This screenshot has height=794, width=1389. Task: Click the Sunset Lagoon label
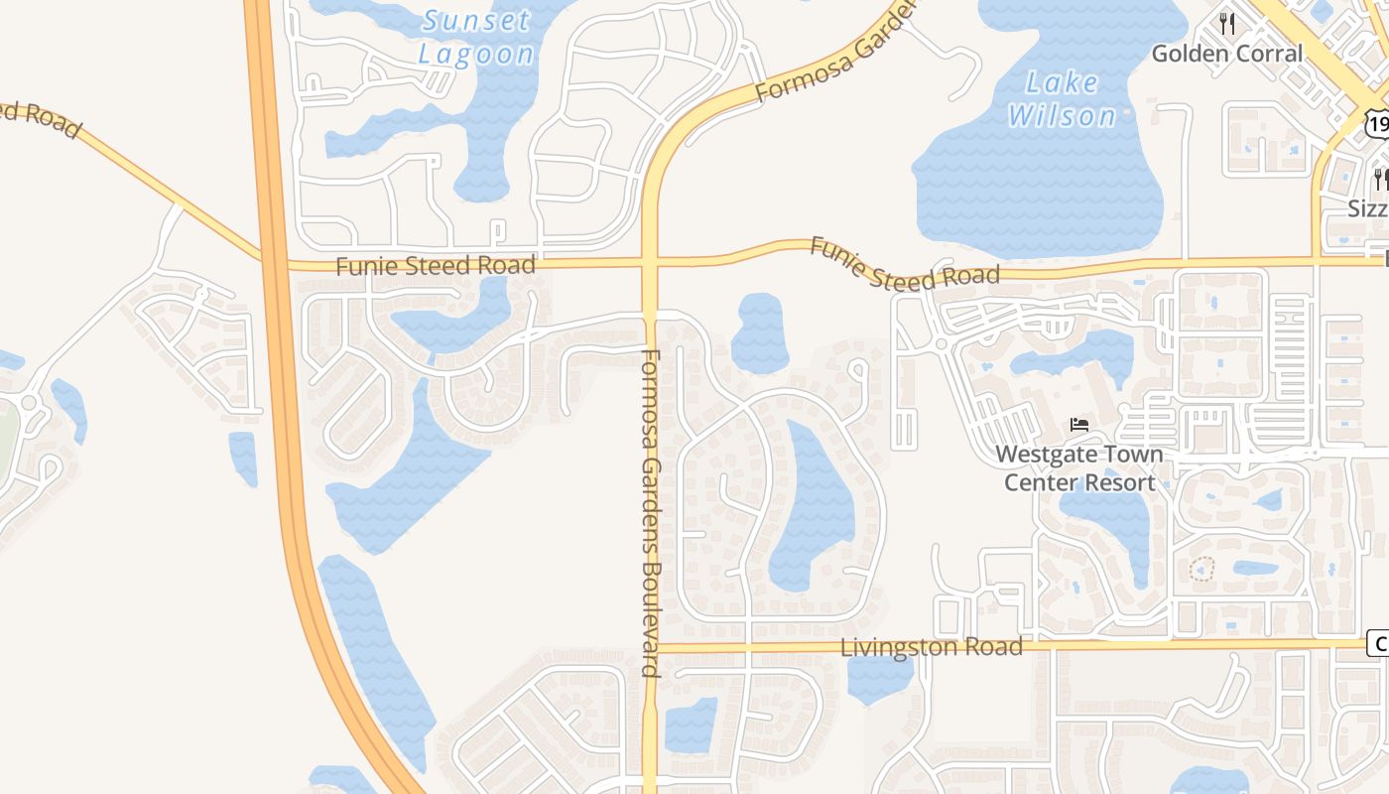476,36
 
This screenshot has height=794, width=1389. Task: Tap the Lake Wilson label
1063,99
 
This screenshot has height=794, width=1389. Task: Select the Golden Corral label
1226,54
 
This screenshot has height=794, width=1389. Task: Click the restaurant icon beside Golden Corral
1227,23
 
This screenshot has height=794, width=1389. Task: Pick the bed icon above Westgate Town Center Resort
1079,425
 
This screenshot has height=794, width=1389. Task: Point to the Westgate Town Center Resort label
1079,468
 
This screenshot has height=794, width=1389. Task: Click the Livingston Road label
931,647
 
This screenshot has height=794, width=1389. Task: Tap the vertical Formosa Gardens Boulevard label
651,512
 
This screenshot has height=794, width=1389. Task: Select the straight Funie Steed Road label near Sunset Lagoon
436,266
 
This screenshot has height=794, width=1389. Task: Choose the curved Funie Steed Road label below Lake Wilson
904,264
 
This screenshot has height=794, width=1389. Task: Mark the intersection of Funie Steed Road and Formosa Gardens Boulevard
650,263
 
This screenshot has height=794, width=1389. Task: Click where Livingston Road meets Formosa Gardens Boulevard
651,648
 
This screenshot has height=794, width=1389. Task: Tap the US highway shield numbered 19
1376,123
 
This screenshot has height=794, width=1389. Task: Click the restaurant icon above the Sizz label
1380,179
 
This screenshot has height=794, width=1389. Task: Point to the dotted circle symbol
1201,571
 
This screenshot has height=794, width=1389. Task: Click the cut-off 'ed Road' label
40,118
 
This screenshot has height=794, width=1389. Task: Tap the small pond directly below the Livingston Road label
880,678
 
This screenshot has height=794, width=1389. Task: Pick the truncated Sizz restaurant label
1368,209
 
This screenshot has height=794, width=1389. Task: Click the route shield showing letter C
1378,643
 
